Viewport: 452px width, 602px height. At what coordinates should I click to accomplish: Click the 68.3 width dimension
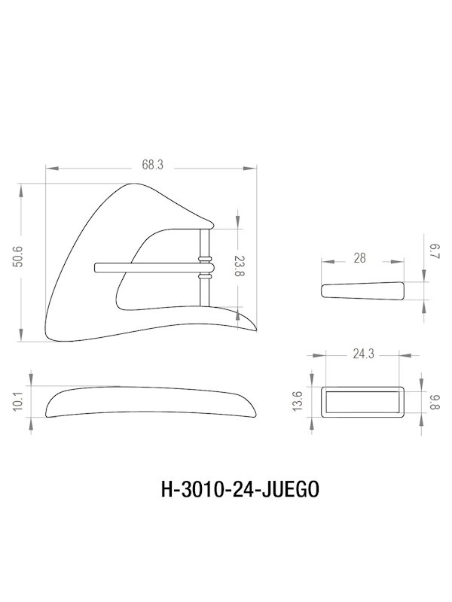(x=152, y=165)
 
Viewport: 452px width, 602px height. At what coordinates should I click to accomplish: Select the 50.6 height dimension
(x=28, y=260)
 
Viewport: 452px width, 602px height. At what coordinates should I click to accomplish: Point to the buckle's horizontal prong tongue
(x=147, y=266)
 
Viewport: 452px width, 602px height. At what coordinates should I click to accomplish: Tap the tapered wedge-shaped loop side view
(x=362, y=290)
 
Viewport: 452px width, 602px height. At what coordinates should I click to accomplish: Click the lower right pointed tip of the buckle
(x=252, y=327)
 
